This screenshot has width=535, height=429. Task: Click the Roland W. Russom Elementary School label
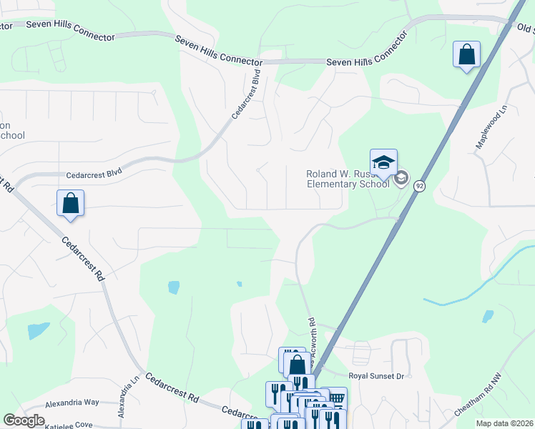(x=348, y=178)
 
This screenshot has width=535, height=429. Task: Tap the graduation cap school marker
(x=383, y=162)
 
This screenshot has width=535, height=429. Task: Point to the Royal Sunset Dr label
(x=376, y=375)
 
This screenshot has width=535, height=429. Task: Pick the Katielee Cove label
(x=69, y=425)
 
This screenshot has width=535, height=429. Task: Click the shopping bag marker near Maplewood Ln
(x=466, y=54)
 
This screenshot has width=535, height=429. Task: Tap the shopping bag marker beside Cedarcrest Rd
(x=70, y=203)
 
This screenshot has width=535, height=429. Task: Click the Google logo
(x=24, y=420)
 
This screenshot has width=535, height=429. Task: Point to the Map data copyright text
(x=504, y=423)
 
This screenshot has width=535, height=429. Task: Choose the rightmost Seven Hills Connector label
(x=361, y=61)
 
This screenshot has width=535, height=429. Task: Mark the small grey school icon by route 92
(x=401, y=178)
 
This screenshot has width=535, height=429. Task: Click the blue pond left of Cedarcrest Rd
(x=38, y=330)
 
